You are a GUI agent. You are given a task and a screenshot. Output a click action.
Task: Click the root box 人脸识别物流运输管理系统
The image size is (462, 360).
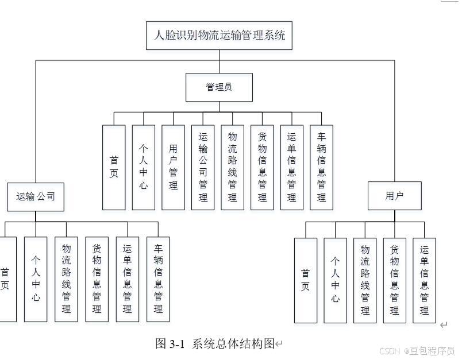tap(219, 36)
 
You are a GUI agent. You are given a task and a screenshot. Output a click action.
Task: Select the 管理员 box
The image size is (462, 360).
tap(219, 87)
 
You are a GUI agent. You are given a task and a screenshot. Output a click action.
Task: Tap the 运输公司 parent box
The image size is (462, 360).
tap(35, 197)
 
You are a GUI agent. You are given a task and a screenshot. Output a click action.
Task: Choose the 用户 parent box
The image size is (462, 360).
tap(394, 196)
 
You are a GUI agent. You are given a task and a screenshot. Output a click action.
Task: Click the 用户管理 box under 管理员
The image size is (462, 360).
tap(173, 167)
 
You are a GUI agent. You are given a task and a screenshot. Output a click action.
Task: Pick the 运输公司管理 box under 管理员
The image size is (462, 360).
tap(203, 167)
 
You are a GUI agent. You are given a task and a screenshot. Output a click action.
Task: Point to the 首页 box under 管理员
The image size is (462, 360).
tap(114, 167)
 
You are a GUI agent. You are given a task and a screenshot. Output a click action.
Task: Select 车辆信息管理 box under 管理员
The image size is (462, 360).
tap(321, 167)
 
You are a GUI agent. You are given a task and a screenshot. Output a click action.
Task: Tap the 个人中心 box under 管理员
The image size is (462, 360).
tap(143, 167)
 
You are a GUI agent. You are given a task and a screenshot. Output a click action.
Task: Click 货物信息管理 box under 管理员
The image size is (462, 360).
tap(262, 167)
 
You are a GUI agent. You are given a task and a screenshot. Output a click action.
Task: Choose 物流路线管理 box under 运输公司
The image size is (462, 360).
tap(66, 279)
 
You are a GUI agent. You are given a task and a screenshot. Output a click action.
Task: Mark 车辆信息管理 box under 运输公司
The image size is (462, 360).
tap(158, 279)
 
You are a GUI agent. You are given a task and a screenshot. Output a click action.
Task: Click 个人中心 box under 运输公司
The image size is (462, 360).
tap(36, 279)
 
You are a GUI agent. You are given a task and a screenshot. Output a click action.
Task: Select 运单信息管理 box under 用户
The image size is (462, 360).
tap(424, 280)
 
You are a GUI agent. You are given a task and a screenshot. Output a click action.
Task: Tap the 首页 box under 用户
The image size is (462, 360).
tap(305, 280)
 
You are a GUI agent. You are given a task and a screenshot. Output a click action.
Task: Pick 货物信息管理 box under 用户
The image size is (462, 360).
tap(394, 280)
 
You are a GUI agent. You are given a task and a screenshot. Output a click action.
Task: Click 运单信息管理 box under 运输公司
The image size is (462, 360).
tap(127, 279)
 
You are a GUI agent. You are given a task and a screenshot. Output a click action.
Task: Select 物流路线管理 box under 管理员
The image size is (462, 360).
tap(232, 167)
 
